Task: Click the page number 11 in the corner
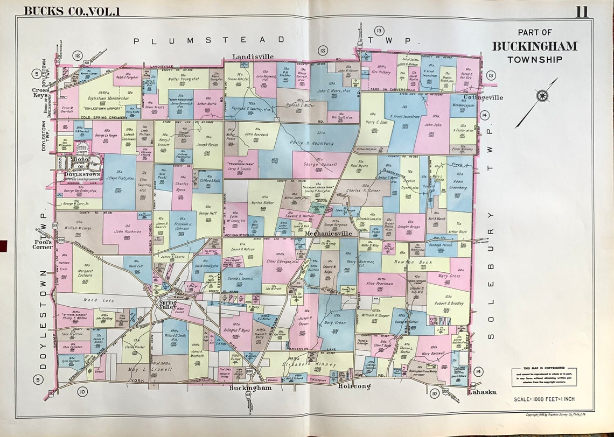point(582,11)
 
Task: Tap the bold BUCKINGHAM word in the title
point(534,46)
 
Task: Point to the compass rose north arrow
point(541,97)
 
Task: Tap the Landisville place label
point(253,57)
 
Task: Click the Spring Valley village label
point(167,305)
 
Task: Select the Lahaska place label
point(481,392)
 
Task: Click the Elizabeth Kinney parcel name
point(310,365)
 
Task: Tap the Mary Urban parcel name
point(335,323)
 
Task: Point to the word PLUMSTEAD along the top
point(210,40)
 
